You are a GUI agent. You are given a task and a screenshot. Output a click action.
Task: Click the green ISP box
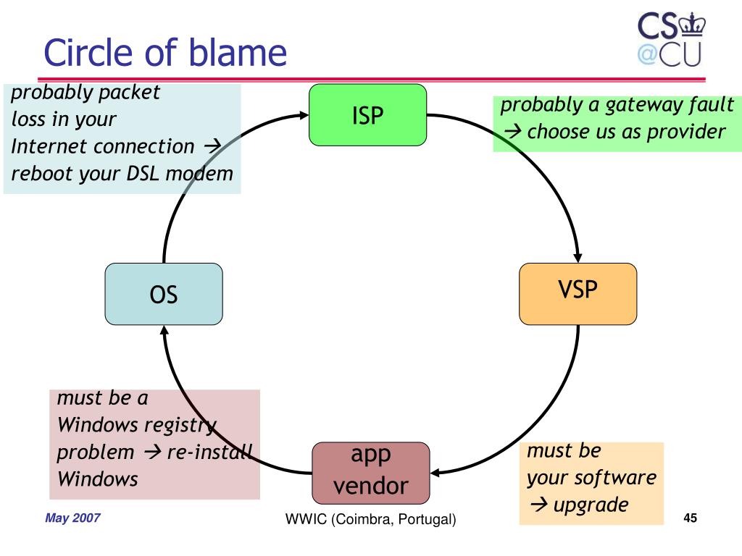pyautogui.click(x=367, y=115)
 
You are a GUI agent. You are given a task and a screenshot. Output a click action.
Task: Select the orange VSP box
pyautogui.click(x=578, y=294)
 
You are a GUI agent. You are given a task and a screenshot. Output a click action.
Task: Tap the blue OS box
pyautogui.click(x=164, y=294)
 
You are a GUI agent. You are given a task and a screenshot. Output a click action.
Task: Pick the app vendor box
pyautogui.click(x=371, y=473)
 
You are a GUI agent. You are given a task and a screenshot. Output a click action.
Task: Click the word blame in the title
pyautogui.click(x=238, y=52)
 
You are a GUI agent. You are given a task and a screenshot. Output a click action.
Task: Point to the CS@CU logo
pyautogui.click(x=671, y=39)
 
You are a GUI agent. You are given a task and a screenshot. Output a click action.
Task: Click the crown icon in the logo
pyautogui.click(x=692, y=25)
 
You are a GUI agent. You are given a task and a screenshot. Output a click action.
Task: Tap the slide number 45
pyautogui.click(x=691, y=518)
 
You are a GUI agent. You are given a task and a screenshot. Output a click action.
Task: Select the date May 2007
pyautogui.click(x=72, y=518)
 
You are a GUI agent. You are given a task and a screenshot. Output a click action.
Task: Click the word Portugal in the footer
pyautogui.click(x=425, y=519)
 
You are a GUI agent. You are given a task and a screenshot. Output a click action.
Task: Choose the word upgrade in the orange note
pyautogui.click(x=591, y=505)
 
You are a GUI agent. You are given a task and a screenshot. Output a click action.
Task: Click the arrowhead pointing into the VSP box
pyautogui.click(x=578, y=258)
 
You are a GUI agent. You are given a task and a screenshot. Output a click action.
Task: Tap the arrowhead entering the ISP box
pyautogui.click(x=304, y=115)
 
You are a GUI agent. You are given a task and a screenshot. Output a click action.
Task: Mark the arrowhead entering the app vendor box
pyautogui.click(x=435, y=473)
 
